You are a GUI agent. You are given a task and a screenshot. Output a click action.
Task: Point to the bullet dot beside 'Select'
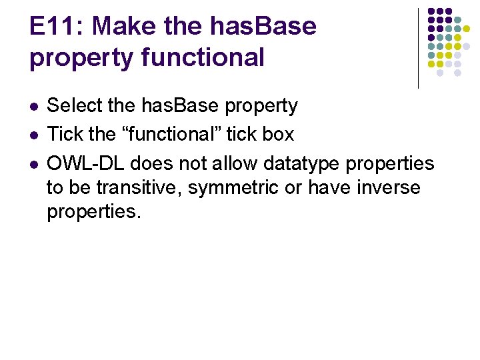click(34, 107)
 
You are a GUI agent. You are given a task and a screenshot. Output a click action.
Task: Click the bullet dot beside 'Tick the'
click(34, 135)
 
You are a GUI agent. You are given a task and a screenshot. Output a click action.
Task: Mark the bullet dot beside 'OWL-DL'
click(34, 164)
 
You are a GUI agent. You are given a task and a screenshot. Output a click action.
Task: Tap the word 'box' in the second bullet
click(279, 134)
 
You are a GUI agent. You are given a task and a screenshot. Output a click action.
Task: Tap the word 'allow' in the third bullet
click(235, 163)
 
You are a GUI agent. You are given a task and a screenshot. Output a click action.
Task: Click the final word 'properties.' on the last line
click(93, 212)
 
